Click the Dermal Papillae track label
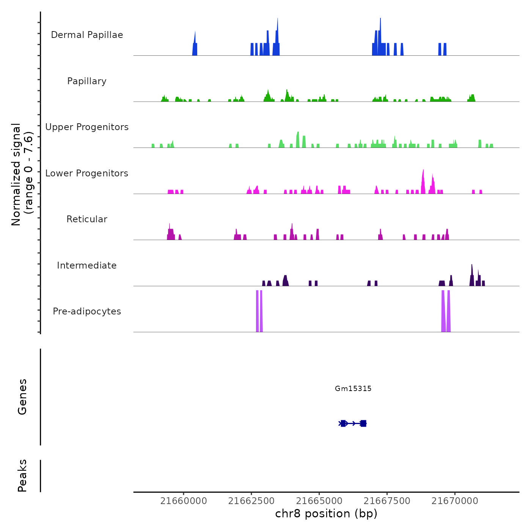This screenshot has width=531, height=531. click(x=87, y=35)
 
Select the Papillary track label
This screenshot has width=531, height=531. click(x=87, y=81)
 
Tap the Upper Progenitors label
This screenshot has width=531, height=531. click(x=87, y=127)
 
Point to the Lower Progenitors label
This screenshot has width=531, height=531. click(x=87, y=173)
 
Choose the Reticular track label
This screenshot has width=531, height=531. click(x=87, y=219)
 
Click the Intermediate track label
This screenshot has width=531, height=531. click(x=87, y=265)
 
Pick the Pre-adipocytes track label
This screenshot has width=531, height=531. click(x=87, y=311)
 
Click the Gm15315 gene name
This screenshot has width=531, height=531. click(x=353, y=388)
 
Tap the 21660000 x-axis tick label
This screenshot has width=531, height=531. click(x=184, y=501)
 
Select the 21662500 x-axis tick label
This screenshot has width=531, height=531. click(x=251, y=501)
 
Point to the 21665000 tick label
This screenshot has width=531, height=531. click(x=319, y=501)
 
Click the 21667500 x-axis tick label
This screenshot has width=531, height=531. click(x=387, y=501)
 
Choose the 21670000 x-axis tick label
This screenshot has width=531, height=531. click(x=455, y=501)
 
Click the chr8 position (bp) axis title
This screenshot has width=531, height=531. click(x=326, y=514)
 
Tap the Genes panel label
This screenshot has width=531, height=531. click(x=22, y=397)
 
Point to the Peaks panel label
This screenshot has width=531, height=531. click(x=22, y=476)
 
